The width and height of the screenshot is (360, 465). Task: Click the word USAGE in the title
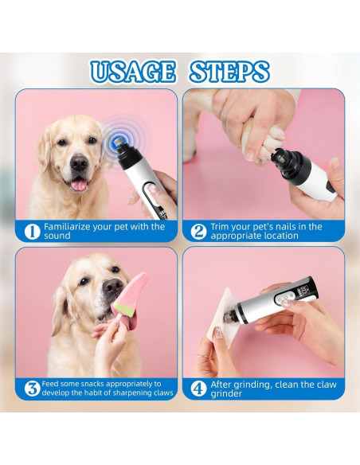pos(132,72)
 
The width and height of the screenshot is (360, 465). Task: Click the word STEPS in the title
pos(229,72)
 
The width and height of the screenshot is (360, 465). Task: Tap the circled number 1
pos(32,232)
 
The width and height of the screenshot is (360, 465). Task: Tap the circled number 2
pos(198,232)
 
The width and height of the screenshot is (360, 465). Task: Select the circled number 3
pos(32,389)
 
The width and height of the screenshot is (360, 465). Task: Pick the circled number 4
pos(198,389)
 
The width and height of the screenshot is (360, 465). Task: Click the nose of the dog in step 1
pos(79,162)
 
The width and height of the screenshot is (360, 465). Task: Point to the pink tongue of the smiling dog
pos(79,185)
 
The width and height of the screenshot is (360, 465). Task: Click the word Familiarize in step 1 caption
pos(67,227)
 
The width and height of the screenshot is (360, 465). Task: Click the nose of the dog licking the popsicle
pos(112,287)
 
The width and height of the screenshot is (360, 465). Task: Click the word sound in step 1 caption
pos(57,236)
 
